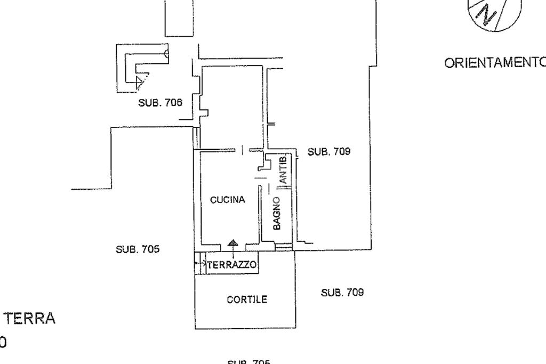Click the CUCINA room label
pyautogui.click(x=228, y=200)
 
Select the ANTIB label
pyautogui.click(x=283, y=169)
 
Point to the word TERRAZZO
pyautogui.click(x=232, y=264)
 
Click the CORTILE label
pyautogui.click(x=247, y=300)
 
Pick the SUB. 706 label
pyautogui.click(x=160, y=103)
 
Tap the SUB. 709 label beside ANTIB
pyautogui.click(x=329, y=151)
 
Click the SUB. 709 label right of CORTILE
pyautogui.click(x=342, y=292)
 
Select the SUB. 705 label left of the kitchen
pyautogui.click(x=138, y=249)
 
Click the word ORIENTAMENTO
pyautogui.click(x=495, y=62)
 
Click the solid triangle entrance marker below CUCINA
pyautogui.click(x=233, y=243)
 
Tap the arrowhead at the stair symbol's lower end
pyautogui.click(x=140, y=82)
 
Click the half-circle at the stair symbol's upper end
pyautogui.click(x=166, y=53)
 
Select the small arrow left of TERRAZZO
pyautogui.click(x=203, y=263)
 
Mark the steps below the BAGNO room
pyautogui.click(x=284, y=246)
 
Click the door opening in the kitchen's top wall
pyautogui.click(x=242, y=151)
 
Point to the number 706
pyautogui.click(x=173, y=103)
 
